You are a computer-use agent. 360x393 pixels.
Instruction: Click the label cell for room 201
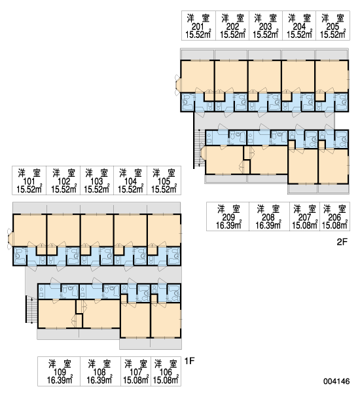[x=199, y=26]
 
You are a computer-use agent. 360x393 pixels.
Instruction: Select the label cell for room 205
[x=333, y=26]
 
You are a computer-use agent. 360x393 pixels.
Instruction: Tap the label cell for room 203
[x=266, y=26]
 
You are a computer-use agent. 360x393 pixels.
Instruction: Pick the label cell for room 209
[x=228, y=216]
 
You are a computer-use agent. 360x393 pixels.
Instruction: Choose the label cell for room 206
[x=335, y=216]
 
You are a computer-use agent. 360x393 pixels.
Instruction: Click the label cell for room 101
[x=29, y=180]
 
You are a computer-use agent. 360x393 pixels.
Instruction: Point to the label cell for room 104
[x=130, y=180]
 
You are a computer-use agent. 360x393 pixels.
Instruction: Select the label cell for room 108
[x=100, y=371]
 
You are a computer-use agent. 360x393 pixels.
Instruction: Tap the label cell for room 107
[x=135, y=371]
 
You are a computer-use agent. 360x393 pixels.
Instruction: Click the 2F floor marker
[x=342, y=242]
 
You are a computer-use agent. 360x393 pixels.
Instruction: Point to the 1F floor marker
[x=189, y=361]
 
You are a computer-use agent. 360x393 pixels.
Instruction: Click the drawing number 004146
[x=336, y=381]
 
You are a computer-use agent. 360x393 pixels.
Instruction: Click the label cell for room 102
[x=63, y=180]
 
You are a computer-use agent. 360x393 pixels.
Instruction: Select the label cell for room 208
[x=269, y=216]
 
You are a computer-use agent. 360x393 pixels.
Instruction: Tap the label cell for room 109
[x=59, y=371]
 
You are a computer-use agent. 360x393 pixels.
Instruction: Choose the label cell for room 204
[x=299, y=26]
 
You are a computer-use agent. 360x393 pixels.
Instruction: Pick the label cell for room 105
[x=164, y=180]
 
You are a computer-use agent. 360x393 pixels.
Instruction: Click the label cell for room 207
[x=304, y=216]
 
